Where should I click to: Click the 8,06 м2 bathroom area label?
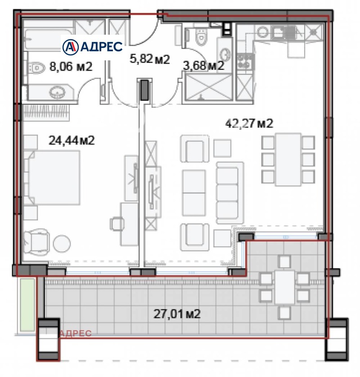71,66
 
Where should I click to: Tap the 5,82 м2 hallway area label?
149,59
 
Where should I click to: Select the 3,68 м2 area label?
204,65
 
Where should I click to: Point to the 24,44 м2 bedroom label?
72,140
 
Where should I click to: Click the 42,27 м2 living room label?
249,123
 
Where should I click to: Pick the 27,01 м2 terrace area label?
177,313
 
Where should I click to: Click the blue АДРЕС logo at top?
92,47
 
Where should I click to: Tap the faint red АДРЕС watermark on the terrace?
76,333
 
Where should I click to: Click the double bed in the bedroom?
52,177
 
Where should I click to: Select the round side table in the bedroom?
62,243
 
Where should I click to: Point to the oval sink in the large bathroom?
57,92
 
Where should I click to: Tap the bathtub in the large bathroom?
49,40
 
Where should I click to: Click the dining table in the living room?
288,159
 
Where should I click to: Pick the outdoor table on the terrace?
284,287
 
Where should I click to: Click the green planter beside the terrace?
27,305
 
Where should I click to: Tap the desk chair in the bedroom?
117,224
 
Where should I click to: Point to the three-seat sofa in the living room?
230,193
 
